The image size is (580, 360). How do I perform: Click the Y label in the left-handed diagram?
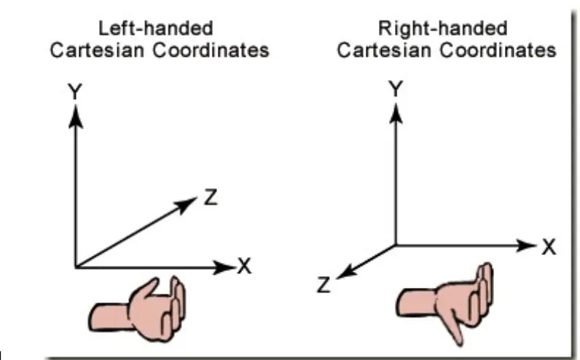pyautogui.click(x=74, y=92)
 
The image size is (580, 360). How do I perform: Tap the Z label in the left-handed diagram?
pyautogui.click(x=209, y=197)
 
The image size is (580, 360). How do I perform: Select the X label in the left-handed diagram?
pyautogui.click(x=245, y=267)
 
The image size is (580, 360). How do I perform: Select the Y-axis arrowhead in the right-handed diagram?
pyautogui.click(x=396, y=112)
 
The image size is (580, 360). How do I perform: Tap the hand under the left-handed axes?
pyautogui.click(x=141, y=304)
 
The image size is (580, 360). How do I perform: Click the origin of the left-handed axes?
pyautogui.click(x=74, y=267)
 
